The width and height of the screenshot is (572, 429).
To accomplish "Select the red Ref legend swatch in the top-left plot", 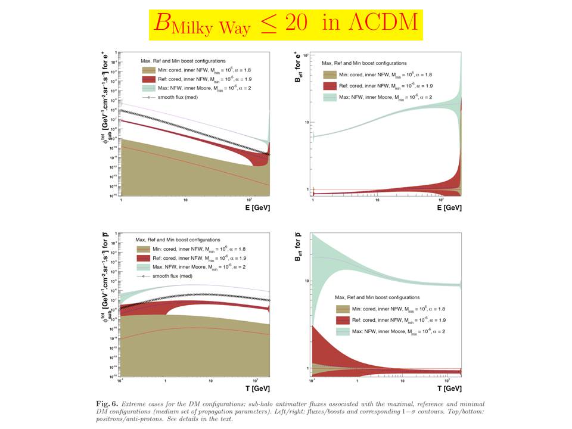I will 147,79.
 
